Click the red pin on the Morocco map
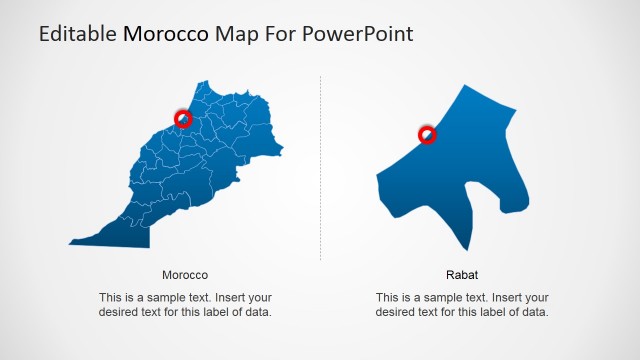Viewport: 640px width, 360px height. (183, 119)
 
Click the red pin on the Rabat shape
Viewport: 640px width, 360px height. (427, 134)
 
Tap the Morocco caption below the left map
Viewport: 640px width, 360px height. (185, 274)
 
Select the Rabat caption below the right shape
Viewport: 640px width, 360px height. (462, 274)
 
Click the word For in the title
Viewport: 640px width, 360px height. (276, 34)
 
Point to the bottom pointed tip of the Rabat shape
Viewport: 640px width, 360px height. (465, 249)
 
